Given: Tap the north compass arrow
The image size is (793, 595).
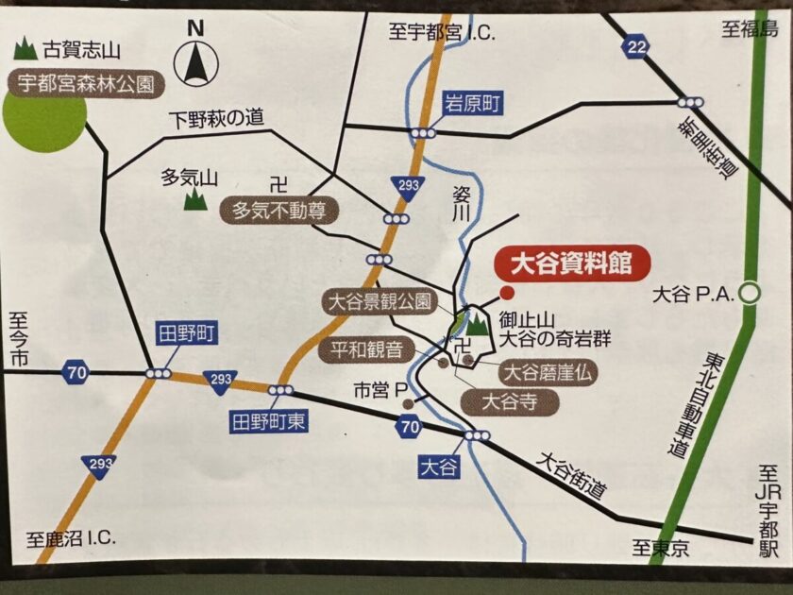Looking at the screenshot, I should click(x=195, y=59).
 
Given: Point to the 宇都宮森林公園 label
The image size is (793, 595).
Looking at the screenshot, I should click(x=86, y=83).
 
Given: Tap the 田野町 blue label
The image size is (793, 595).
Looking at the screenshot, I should click(x=187, y=333).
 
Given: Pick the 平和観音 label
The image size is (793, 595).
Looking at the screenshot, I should click(x=371, y=350).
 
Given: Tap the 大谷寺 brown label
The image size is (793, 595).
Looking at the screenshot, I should click(x=510, y=401).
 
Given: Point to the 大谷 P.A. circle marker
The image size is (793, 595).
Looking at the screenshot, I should click(x=750, y=294).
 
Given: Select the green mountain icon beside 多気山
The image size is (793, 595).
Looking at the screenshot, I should click(x=195, y=198).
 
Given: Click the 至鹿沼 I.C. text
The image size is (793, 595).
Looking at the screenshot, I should click(x=71, y=539).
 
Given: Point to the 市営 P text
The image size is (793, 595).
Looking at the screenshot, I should click(x=379, y=389).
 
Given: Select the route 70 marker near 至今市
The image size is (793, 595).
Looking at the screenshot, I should click(x=76, y=372).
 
